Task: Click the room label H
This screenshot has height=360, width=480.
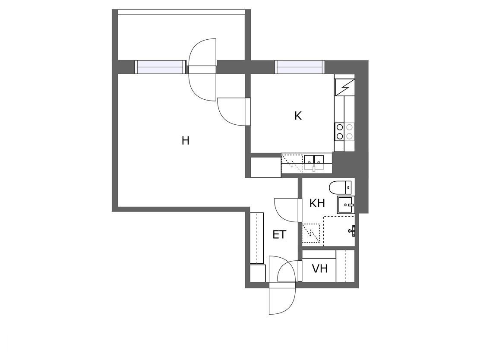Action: pyautogui.click(x=186, y=141)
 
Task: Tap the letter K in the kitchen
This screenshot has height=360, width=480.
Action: pyautogui.click(x=298, y=116)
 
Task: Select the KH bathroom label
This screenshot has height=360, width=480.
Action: pyautogui.click(x=317, y=203)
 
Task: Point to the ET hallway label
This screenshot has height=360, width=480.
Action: pyautogui.click(x=279, y=235)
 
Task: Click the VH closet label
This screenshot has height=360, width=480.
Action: pyautogui.click(x=319, y=269)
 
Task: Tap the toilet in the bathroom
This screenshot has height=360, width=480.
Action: pyautogui.click(x=340, y=187)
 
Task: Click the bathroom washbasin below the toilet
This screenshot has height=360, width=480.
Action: pyautogui.click(x=346, y=205)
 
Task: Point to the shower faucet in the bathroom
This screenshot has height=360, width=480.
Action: pyautogui.click(x=352, y=231)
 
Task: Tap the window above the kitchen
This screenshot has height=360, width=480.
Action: pyautogui.click(x=300, y=67)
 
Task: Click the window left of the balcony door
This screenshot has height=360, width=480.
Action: pyautogui.click(x=160, y=67)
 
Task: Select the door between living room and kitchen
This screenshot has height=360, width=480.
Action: pyautogui.click(x=233, y=112)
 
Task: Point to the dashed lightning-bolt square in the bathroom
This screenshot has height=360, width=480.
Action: pyautogui.click(x=311, y=233)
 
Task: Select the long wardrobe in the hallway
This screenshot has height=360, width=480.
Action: pyautogui.click(x=257, y=238)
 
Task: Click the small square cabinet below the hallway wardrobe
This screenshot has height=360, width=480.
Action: pyautogui.click(x=258, y=273)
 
